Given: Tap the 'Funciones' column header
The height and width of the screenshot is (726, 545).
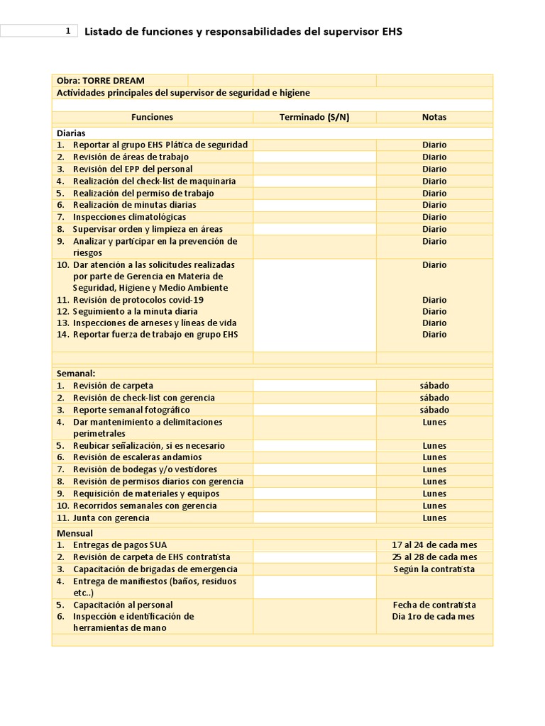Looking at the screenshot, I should pos(152,117).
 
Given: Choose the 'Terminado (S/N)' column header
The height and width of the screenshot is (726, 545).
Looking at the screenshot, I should pos(314,117).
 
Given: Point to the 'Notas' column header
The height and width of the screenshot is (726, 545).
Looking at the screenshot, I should pos(434,117).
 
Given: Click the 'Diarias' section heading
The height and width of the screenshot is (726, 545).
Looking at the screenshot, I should pos(71,133).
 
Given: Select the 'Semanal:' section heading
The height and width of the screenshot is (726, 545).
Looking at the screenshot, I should pos(75,373).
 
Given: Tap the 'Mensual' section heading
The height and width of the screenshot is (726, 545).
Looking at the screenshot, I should pos(75,533).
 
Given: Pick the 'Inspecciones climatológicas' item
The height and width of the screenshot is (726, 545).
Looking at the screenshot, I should pos(129,217).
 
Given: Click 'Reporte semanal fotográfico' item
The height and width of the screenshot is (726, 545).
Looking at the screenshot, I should pos(131,410).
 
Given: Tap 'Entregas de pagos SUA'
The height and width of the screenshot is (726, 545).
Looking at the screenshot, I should pos(120,545).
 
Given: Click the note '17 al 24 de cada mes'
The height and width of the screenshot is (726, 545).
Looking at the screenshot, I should pos(434,545).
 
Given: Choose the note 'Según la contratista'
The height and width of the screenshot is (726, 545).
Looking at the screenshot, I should pos(434,569).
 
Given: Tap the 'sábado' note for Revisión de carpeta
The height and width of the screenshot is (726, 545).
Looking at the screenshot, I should pos(434,386).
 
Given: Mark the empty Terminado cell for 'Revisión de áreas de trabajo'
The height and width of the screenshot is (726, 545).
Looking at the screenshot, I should pos(314,157).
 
